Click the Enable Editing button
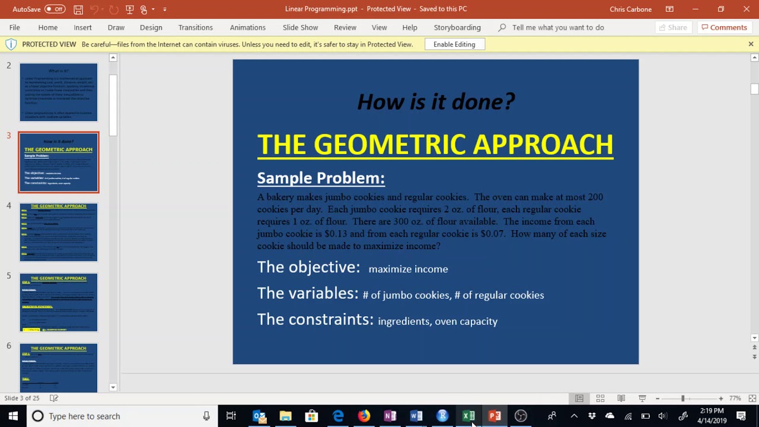[x=454, y=44]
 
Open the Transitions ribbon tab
[x=195, y=27]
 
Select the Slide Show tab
[x=300, y=27]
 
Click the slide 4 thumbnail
[x=59, y=232]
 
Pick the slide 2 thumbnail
[x=59, y=92]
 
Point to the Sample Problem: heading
[x=321, y=178]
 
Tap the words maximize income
[x=408, y=269]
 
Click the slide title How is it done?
[x=436, y=101]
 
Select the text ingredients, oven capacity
[x=438, y=321]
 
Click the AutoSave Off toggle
[x=55, y=9]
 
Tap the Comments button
[x=723, y=27]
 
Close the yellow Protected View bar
[x=751, y=44]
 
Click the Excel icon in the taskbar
[x=468, y=416]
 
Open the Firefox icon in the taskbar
[x=364, y=416]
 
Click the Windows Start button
[x=13, y=416]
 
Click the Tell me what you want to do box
[x=557, y=27]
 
